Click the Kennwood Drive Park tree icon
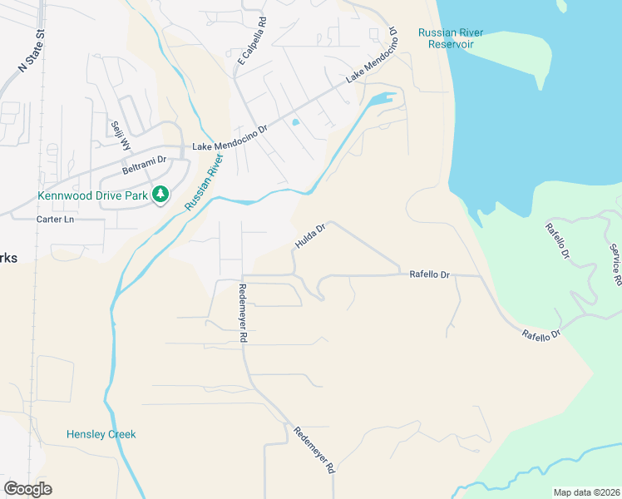point(160,195)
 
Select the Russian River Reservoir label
point(450,38)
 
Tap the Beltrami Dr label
point(145,159)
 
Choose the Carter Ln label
point(56,220)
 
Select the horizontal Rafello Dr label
point(429,274)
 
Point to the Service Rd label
point(615,264)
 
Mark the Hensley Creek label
point(101,434)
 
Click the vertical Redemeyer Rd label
point(244,313)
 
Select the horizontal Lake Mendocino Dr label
point(229,146)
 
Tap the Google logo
point(27,489)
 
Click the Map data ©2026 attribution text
point(586,492)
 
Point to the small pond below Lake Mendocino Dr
point(295,122)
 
